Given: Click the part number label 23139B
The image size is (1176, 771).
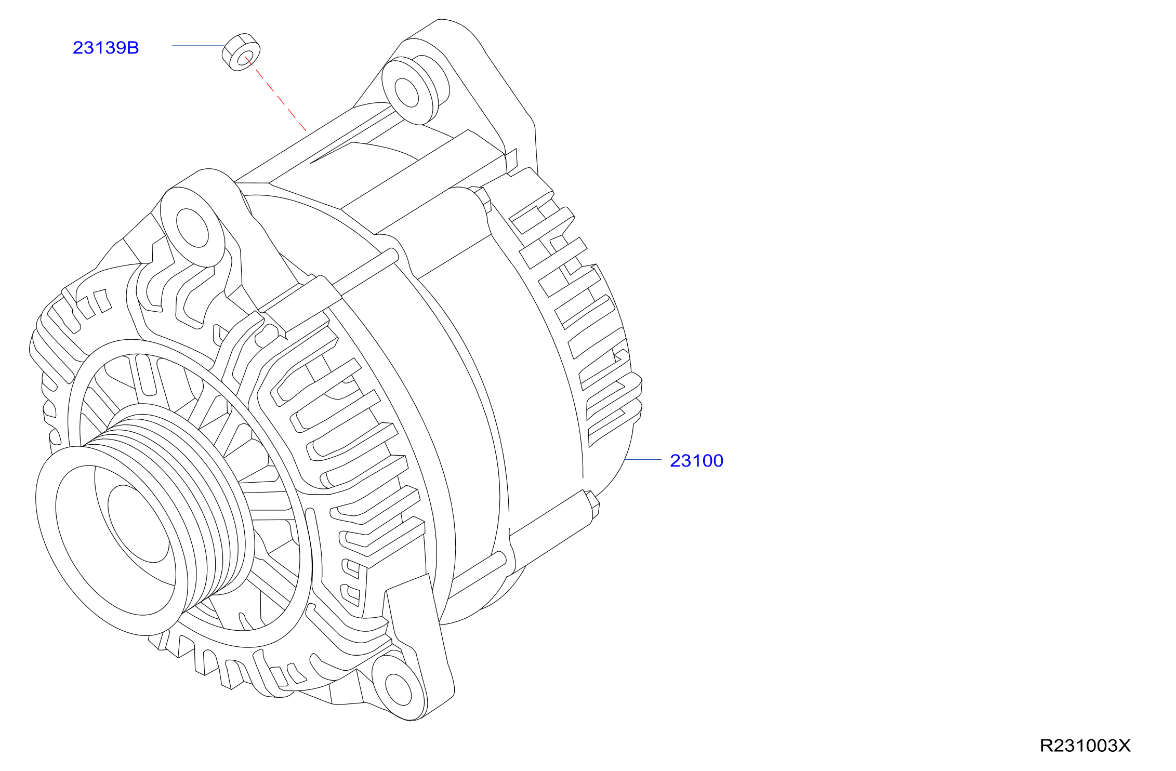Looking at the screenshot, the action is [106, 48].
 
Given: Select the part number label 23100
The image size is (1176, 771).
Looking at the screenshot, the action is [696, 461].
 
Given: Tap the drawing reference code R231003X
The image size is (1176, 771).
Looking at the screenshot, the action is [1085, 746].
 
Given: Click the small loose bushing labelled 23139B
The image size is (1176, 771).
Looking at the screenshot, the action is [241, 52].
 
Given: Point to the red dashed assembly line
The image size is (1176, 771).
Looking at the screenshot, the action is [275, 94].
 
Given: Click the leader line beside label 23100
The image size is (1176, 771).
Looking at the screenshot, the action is [643, 460].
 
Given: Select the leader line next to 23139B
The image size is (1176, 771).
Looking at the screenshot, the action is [198, 46].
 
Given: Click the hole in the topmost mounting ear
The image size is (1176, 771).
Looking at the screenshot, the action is [406, 92].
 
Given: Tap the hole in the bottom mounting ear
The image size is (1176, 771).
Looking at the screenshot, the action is [399, 690].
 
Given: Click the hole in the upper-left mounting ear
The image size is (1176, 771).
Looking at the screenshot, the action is [193, 228].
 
